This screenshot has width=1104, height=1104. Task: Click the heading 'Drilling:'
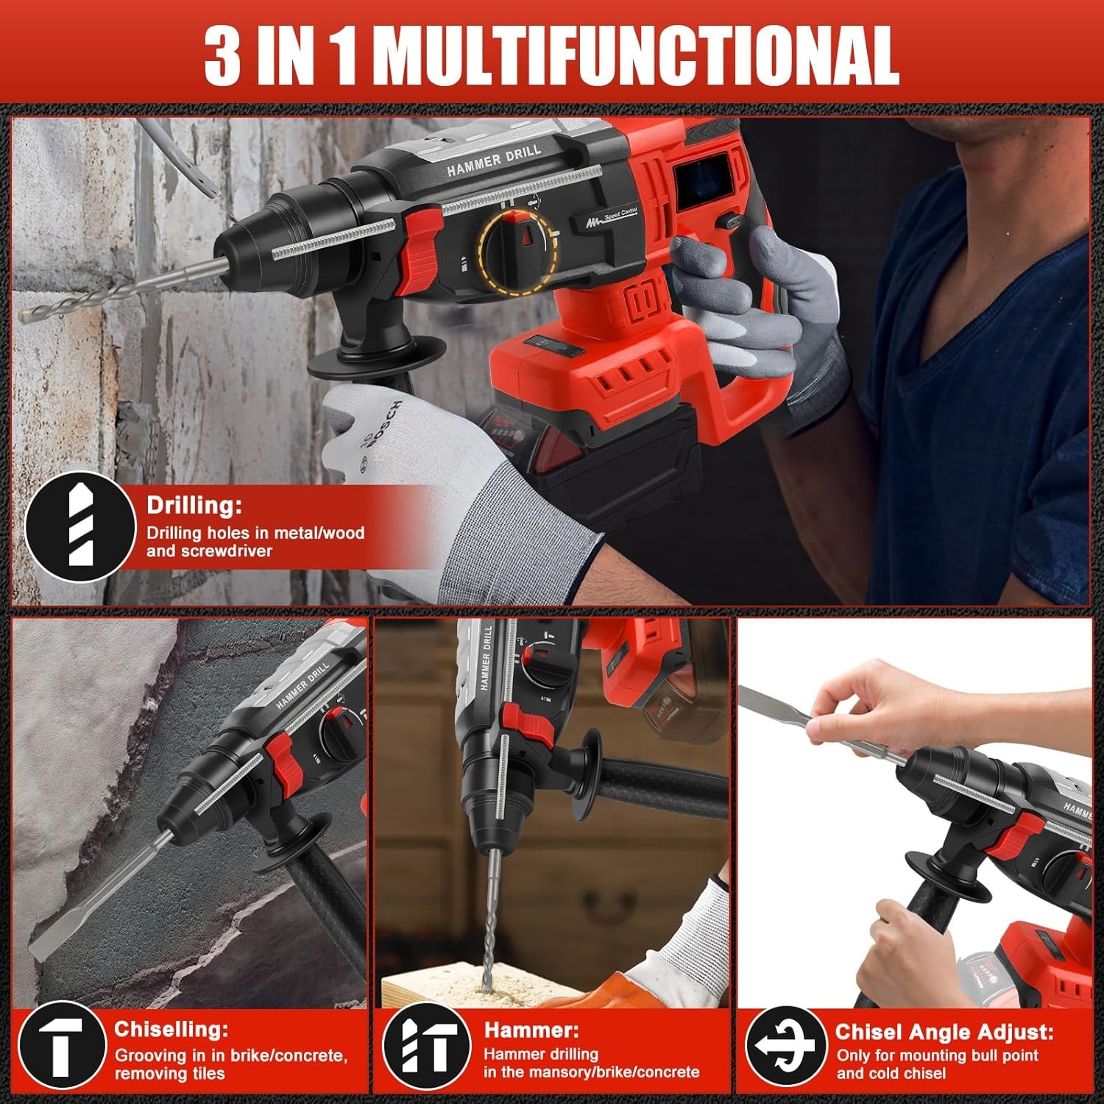(x=194, y=506)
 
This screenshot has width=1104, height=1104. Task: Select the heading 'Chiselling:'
(x=171, y=1028)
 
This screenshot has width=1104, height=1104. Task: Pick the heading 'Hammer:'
(x=531, y=1030)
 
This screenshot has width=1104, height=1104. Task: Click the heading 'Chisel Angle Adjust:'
(x=944, y=1032)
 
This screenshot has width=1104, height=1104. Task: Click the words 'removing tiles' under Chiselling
(x=170, y=1074)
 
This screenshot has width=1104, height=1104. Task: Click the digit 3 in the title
(x=222, y=56)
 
